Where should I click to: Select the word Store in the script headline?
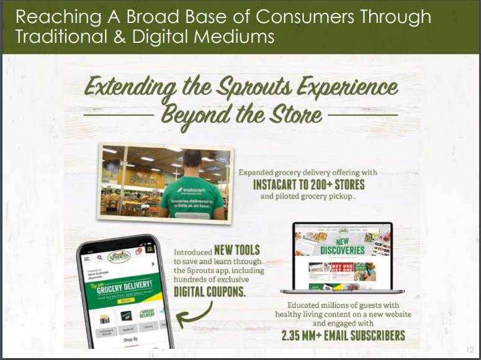pyautogui.click(x=296, y=115)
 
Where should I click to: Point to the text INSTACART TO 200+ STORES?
pyautogui.click(x=308, y=185)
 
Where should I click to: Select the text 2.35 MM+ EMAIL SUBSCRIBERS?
pyautogui.click(x=343, y=336)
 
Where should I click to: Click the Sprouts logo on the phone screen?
pyautogui.click(x=119, y=256)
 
